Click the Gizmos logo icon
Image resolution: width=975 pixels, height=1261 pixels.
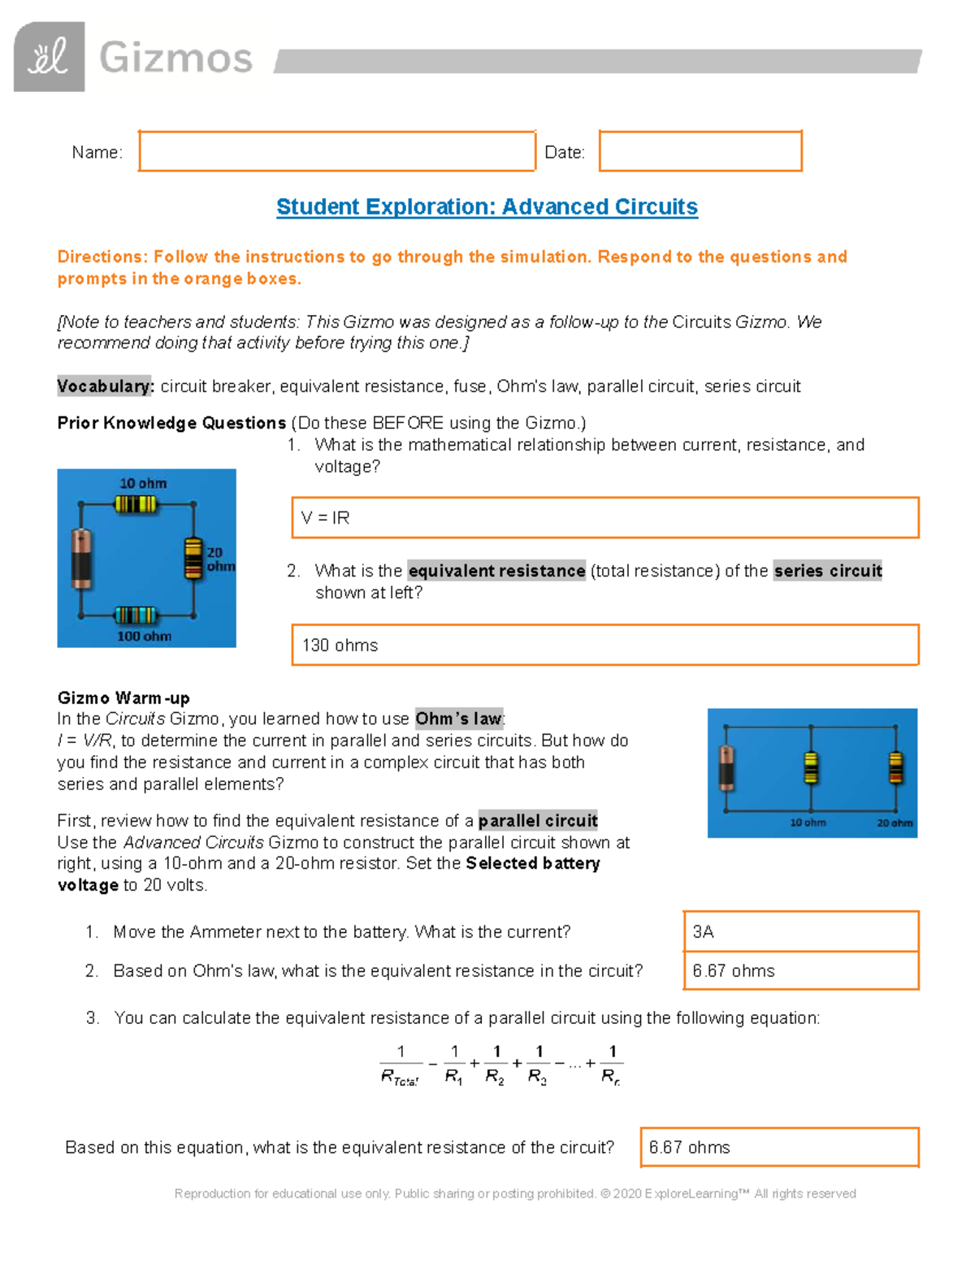point(49,57)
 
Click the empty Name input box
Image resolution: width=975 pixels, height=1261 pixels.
point(336,151)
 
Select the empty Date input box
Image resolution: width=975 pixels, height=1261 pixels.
point(700,151)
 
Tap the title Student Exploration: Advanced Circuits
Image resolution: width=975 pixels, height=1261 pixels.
point(487,207)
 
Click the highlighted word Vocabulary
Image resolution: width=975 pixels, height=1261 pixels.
point(105,387)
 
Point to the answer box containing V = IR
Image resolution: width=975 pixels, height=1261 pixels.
point(604,518)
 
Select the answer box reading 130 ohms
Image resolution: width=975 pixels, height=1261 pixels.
point(604,646)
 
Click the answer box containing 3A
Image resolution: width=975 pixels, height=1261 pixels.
point(800,931)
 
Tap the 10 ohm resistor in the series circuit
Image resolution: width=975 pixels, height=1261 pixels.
point(136,504)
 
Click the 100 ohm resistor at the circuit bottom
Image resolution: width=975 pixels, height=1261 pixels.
point(135,615)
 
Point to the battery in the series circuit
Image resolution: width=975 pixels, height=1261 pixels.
point(81,558)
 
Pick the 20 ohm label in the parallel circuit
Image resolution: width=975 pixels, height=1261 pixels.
point(894,823)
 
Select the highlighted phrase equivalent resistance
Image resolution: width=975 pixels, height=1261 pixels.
point(496,571)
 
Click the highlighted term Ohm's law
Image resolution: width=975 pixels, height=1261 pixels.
point(459,719)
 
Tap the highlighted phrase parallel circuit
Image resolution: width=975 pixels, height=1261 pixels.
point(538,821)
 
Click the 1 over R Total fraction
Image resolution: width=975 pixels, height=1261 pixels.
point(401,1065)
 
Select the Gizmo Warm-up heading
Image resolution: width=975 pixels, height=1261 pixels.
point(123,698)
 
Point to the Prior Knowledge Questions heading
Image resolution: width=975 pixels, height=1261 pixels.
point(171,423)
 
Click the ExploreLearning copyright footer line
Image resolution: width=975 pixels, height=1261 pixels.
point(515,1194)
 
